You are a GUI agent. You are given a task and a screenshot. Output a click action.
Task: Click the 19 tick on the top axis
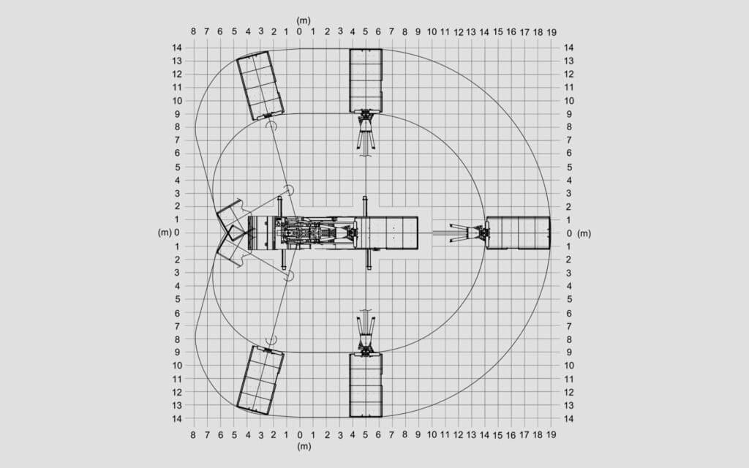tap(552, 32)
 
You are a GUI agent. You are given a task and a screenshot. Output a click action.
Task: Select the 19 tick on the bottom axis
tap(552, 434)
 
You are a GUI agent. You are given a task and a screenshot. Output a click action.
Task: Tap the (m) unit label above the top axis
tap(304, 20)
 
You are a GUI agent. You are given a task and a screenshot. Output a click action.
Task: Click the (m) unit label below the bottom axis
tap(304, 446)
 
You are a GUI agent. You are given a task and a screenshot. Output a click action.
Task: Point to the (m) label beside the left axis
tap(165, 233)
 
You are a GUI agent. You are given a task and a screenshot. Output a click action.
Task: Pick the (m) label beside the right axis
tap(584, 233)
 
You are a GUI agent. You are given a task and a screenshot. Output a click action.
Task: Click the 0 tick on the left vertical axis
tap(177, 233)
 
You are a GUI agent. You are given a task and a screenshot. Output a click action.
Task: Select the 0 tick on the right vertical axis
tap(569, 233)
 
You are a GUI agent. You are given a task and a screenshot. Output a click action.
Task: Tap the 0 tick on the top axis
tap(299, 32)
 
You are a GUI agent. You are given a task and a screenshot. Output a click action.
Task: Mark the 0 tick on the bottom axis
tap(299, 435)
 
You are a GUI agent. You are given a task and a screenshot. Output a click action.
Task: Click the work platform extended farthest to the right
tap(518, 233)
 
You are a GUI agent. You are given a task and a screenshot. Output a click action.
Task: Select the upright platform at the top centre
tap(366, 80)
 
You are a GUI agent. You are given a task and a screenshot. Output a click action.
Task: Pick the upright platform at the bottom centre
tap(366, 385)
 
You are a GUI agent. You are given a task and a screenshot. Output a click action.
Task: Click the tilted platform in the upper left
tap(260, 86)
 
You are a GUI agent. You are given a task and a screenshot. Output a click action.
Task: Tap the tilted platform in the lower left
tap(260, 380)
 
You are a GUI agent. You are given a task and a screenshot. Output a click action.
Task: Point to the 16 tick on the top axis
tap(511, 32)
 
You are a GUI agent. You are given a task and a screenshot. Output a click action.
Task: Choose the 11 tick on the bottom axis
tap(445, 434)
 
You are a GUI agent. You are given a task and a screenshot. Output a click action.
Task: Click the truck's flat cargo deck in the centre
tap(386, 233)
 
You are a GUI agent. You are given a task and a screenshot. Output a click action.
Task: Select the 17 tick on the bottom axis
tap(524, 434)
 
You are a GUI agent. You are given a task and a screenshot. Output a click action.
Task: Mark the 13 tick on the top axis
tap(471, 32)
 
